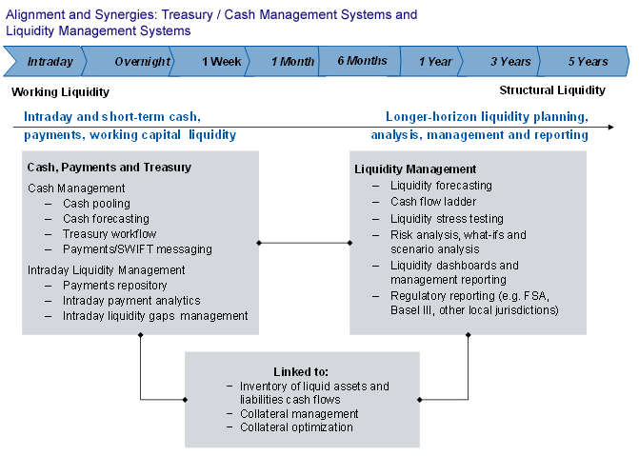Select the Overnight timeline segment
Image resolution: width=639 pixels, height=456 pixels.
coord(142,62)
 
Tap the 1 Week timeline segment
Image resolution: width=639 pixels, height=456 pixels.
coord(221,62)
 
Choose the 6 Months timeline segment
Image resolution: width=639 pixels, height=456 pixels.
coord(362,61)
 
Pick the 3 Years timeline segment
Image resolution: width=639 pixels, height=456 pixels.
coord(510,62)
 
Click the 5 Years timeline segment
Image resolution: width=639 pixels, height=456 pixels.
coord(588,62)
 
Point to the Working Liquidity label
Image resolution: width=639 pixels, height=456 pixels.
coord(60,92)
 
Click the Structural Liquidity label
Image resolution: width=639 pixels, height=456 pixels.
coord(552,90)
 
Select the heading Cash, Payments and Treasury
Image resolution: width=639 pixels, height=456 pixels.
coord(109,168)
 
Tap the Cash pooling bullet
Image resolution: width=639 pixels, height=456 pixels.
coord(96,204)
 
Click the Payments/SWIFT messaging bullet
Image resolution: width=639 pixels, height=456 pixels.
coord(137,249)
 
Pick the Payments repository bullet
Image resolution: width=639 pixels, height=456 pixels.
coord(114,286)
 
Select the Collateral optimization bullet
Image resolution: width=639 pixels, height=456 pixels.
coord(296,427)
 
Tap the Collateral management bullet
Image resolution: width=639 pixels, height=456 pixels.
coord(299,414)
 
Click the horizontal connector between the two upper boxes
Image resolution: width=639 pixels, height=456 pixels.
coord(304,243)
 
